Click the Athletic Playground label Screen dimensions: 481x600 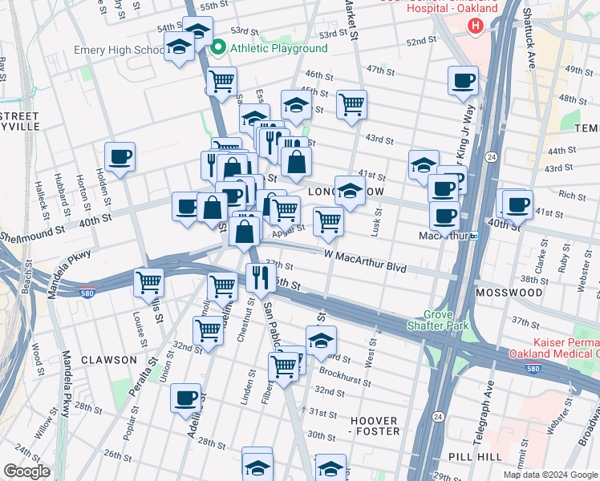[278, 48]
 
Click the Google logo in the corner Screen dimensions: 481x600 [26, 471]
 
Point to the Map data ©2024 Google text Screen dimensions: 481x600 [549, 475]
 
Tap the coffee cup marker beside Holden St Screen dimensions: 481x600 [120, 156]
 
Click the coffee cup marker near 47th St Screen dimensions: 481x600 [463, 80]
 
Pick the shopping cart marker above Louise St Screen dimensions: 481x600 [148, 282]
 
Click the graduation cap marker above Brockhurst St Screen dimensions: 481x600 [321, 340]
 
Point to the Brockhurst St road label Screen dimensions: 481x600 [343, 374]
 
